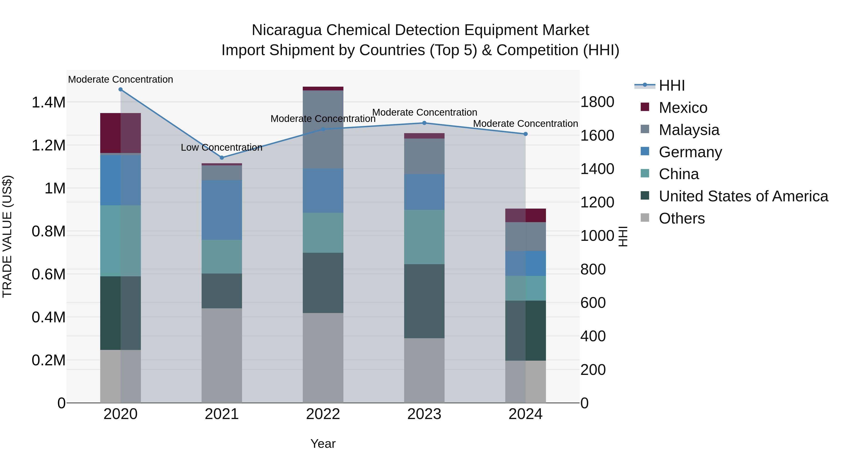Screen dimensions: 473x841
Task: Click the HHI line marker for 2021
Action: [222, 158]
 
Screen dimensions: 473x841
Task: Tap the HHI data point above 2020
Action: [121, 89]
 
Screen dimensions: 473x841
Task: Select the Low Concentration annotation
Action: [221, 148]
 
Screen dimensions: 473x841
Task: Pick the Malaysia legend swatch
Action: [645, 129]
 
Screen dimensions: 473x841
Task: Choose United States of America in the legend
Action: [743, 196]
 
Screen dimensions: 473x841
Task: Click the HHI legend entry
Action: [672, 85]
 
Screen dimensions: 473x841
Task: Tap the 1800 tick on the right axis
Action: [597, 102]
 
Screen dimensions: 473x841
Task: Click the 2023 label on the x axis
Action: [424, 414]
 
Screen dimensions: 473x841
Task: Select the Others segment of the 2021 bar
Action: [222, 355]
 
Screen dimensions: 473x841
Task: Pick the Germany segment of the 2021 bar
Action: [222, 210]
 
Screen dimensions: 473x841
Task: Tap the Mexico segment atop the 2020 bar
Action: [121, 133]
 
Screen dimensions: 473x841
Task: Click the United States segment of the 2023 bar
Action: [424, 301]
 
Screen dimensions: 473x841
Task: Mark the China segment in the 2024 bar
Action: [525, 288]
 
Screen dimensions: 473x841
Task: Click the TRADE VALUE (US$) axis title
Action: [7, 236]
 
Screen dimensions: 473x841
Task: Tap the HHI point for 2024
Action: [525, 134]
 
